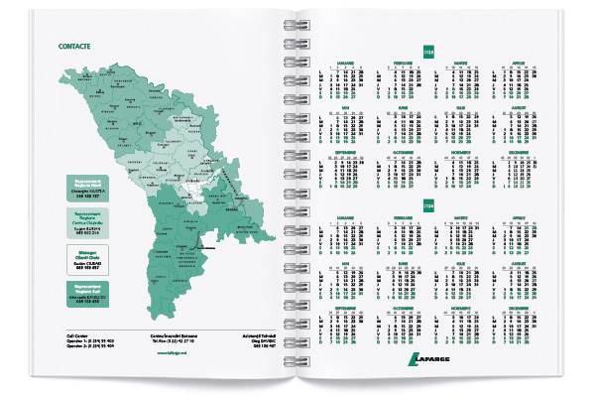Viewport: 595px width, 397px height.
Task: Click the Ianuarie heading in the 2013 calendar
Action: point(343,64)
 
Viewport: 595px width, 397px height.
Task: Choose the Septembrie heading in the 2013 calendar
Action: point(343,150)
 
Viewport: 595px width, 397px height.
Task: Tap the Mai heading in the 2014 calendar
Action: point(343,261)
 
